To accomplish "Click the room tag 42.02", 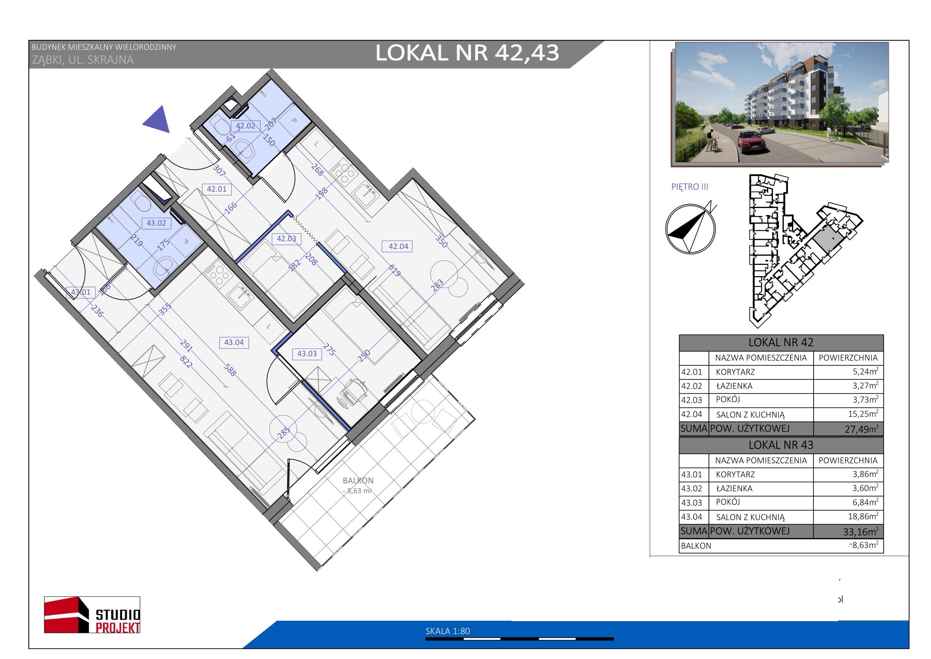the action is (x=245, y=126).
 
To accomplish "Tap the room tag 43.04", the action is (x=234, y=343).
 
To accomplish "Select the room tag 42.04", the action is (x=398, y=246).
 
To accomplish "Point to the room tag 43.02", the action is (x=156, y=223).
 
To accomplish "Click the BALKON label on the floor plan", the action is (x=358, y=481).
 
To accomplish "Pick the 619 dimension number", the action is (x=394, y=269).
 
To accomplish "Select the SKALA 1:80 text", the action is (x=448, y=631).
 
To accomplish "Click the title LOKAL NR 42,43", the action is (x=467, y=53).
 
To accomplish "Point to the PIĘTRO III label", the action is (x=690, y=187).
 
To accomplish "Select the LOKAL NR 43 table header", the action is (x=781, y=445).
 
